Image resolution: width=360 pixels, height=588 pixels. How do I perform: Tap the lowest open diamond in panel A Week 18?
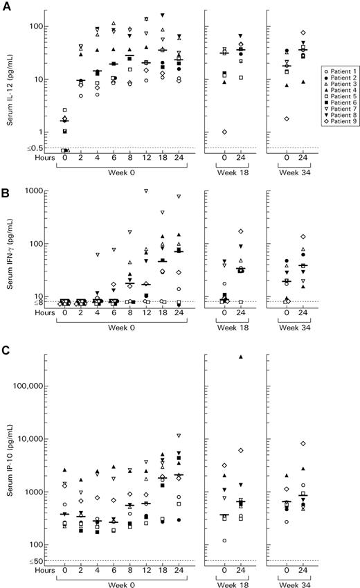click(224, 132)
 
